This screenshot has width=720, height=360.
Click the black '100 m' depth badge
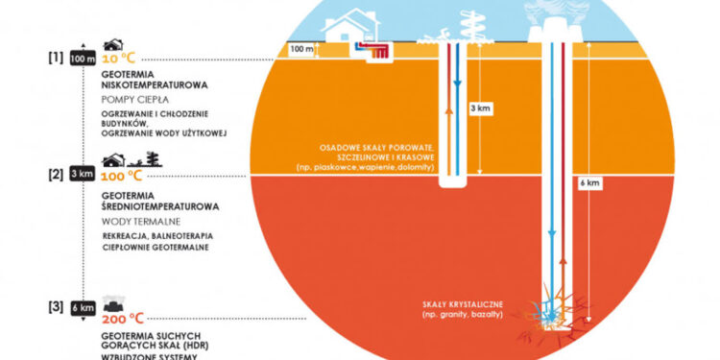click(x=83, y=60)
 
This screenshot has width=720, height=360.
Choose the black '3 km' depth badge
click(x=83, y=175)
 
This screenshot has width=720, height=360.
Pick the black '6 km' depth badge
click(x=83, y=307)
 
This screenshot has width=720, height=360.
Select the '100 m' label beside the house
click(x=303, y=48)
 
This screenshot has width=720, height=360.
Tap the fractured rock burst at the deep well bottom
click(x=552, y=309)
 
